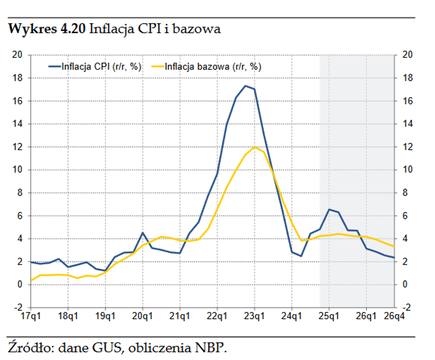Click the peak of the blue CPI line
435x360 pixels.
point(245,86)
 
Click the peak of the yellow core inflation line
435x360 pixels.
point(254,147)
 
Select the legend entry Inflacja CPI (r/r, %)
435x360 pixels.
point(101,67)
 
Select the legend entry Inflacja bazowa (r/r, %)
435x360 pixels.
point(213,67)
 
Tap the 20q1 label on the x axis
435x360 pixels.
point(142,316)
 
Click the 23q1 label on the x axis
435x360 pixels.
point(254,316)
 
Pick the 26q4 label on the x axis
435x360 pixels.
point(394,316)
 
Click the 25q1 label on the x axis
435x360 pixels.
point(329,316)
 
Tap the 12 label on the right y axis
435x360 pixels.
point(408,147)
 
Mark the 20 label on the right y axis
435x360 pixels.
point(408,55)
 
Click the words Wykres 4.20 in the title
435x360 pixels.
point(47,29)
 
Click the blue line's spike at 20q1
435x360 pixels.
point(143,233)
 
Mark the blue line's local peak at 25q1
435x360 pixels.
point(329,209)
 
